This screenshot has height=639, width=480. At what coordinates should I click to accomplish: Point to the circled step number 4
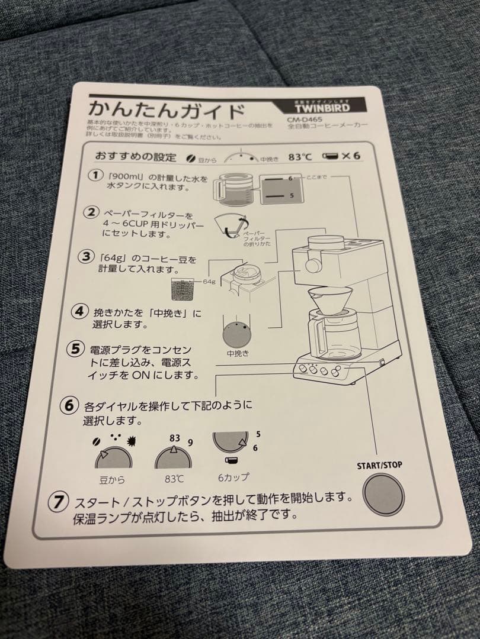(79, 311)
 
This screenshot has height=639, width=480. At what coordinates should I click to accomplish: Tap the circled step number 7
(58, 502)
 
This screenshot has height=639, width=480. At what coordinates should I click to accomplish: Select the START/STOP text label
(379, 466)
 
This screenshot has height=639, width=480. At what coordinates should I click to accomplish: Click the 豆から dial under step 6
(112, 459)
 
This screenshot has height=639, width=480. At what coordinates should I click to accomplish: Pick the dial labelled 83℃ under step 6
(173, 459)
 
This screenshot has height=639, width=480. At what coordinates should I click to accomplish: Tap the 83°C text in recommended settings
(300, 157)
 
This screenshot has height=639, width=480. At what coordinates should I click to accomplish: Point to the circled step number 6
(69, 406)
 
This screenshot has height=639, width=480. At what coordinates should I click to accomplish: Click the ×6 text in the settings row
(351, 157)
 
